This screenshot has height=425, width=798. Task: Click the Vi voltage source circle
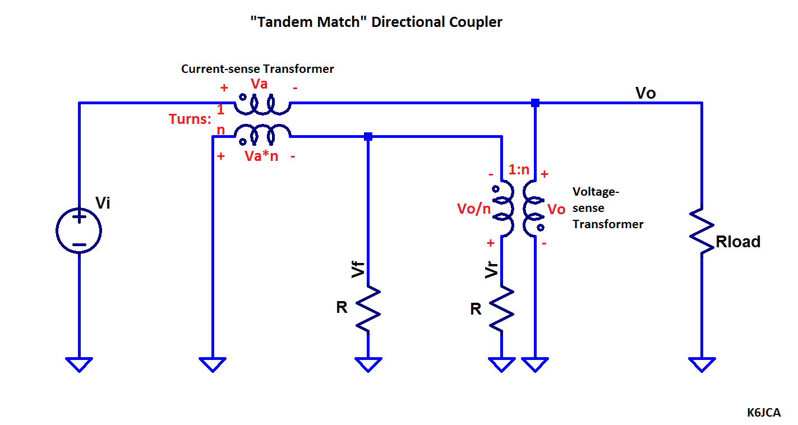point(79,230)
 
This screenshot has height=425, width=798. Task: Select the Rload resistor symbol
point(702,231)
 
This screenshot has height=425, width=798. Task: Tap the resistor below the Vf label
point(368,308)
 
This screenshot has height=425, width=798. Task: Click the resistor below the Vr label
point(502,308)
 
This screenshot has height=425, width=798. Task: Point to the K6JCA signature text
point(763,413)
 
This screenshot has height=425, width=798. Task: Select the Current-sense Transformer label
point(257,69)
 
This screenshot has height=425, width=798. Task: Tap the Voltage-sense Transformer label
point(607,208)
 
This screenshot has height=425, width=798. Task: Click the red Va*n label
point(261,156)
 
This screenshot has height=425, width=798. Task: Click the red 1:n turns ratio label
point(519,169)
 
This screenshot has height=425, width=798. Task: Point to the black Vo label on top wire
point(645,93)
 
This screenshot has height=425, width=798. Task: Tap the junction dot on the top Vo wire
point(535,103)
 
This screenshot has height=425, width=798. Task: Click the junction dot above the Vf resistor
point(368,136)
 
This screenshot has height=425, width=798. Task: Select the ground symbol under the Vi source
point(79,364)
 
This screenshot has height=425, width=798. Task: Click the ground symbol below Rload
point(702,364)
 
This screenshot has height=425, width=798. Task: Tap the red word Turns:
point(190,119)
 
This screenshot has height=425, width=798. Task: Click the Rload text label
point(738,242)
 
